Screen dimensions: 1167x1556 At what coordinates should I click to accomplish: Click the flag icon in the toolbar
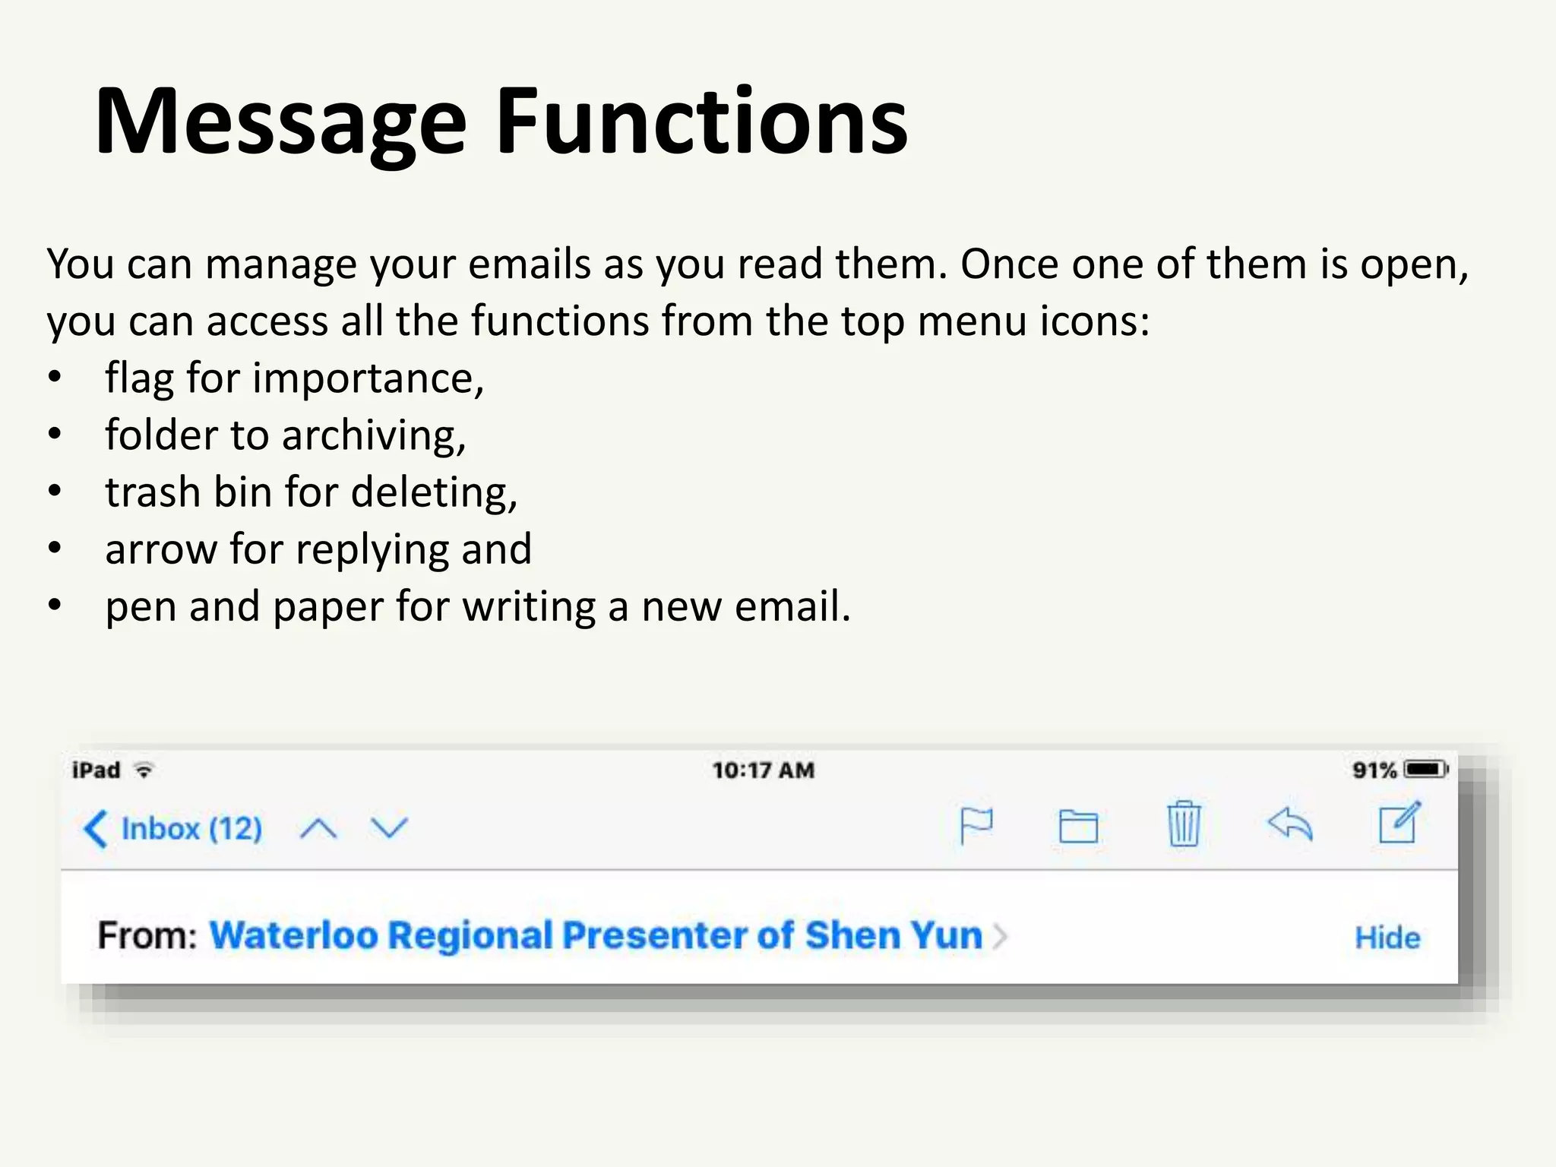976,825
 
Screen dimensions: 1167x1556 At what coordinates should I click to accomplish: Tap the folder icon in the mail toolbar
1078,827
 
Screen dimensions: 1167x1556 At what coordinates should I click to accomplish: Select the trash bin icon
1184,824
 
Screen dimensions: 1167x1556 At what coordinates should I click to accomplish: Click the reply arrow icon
1290,824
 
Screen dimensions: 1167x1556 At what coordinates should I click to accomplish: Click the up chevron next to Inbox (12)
318,828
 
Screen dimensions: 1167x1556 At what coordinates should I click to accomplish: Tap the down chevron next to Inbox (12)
389,827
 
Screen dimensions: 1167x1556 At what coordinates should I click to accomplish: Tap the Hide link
1387,938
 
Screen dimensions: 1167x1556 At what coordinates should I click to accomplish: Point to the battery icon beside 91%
1425,770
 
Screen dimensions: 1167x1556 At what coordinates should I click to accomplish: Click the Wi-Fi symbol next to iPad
144,770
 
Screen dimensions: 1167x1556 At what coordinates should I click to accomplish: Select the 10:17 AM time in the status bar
763,770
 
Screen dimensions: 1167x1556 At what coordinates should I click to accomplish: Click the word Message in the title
280,123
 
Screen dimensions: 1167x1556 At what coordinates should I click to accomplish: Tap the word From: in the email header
147,935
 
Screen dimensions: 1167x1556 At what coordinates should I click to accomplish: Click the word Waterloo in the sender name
293,935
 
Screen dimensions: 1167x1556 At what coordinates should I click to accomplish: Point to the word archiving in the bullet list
374,436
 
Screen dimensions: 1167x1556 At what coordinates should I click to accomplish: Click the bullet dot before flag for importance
54,378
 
